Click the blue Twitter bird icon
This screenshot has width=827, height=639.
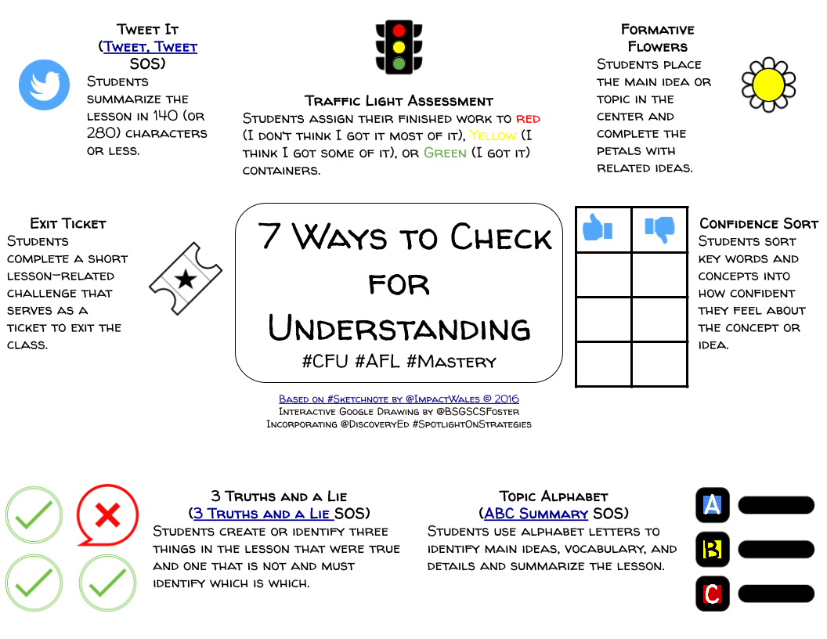[x=45, y=85]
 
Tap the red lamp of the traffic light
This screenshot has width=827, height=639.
[x=399, y=31]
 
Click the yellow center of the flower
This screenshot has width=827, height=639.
[x=768, y=85]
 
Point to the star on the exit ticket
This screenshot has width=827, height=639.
[x=186, y=279]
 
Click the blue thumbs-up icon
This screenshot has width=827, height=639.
[x=598, y=229]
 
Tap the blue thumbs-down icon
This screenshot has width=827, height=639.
[x=659, y=229]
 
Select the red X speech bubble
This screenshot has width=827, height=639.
[x=107, y=514]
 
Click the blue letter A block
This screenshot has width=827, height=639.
[x=712, y=505]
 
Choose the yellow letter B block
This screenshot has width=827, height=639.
[x=712, y=549]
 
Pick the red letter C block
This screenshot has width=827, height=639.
[x=712, y=594]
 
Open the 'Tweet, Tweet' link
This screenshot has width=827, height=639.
[x=150, y=47]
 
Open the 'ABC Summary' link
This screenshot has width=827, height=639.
[x=536, y=514]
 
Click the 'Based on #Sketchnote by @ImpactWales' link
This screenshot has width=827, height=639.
[x=399, y=399]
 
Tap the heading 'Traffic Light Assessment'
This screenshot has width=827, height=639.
[x=399, y=101]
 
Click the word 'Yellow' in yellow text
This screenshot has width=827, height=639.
[x=493, y=135]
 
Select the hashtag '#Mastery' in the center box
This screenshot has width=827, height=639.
[x=451, y=361]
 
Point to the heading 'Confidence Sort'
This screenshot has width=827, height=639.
[x=758, y=224]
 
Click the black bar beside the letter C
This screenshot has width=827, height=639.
[x=776, y=594]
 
